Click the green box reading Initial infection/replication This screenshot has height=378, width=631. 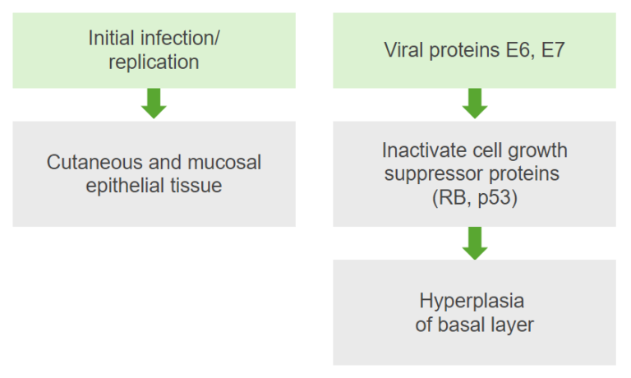(154, 50)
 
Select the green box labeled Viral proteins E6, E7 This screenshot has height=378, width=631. (474, 50)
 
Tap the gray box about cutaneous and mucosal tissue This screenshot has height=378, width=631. (154, 173)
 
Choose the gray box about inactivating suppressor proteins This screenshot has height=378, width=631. (474, 173)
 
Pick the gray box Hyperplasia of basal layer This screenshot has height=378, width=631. (474, 312)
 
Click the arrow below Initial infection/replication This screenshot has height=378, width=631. (154, 104)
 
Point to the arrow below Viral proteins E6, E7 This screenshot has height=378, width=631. (474, 104)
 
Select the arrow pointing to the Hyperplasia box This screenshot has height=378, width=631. (474, 242)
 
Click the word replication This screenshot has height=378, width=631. (154, 62)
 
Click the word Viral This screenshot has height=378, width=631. (403, 50)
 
